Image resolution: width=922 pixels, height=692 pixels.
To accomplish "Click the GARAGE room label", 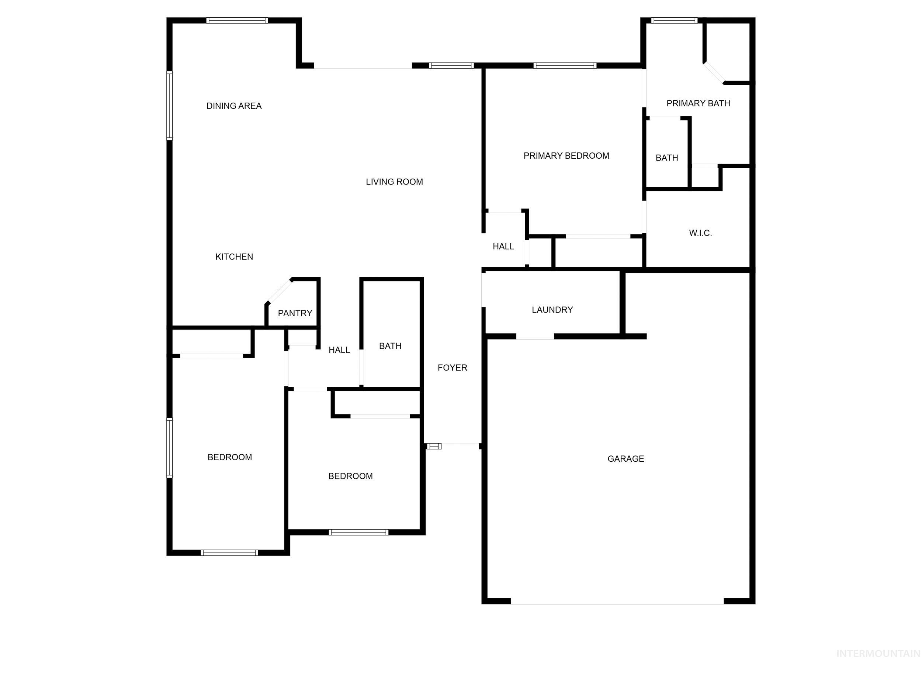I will pos(625,459).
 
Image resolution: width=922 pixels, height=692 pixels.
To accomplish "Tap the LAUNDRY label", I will pos(552,310).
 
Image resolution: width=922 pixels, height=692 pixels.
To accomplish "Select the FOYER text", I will pos(452,368).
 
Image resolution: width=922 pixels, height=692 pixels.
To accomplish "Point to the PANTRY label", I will pos(295,313).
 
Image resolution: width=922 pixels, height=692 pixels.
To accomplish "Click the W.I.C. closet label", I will pos(700,233).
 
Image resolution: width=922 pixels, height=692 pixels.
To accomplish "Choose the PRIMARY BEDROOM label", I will pos(566,156).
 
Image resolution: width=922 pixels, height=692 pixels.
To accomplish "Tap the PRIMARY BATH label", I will pos(698,103).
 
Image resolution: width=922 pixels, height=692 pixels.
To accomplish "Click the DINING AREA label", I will pos(234,106).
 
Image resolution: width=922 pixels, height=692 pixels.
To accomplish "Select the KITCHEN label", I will pos(234,257).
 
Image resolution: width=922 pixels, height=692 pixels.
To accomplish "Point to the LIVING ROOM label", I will pos(394,182).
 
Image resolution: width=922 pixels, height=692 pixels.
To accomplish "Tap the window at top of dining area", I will pos(237,20).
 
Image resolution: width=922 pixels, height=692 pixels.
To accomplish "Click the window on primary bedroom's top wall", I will pos(565,65).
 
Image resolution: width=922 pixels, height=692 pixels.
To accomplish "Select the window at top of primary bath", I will pos(675,20).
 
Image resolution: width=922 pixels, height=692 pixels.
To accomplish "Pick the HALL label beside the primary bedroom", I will pos(503,247).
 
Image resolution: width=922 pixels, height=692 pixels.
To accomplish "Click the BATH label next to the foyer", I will pos(390,346).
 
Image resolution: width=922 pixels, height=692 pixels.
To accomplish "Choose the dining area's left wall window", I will pos(170,106).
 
